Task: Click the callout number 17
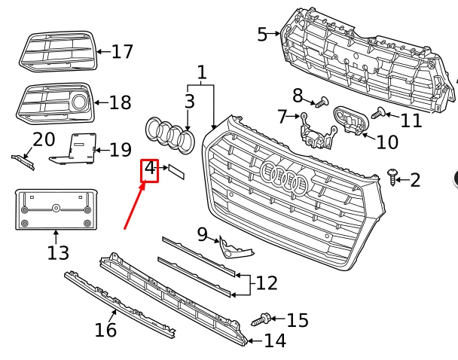pyautogui.click(x=122, y=52)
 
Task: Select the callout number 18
pyautogui.click(x=120, y=102)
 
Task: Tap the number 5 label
pyautogui.click(x=262, y=34)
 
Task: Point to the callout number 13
pyautogui.click(x=58, y=252)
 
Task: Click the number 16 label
pyautogui.click(x=105, y=329)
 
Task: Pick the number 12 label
pyautogui.click(x=267, y=283)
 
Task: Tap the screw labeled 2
pyautogui.click(x=392, y=177)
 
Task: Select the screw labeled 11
pyautogui.click(x=379, y=114)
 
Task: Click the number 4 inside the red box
pyautogui.click(x=150, y=168)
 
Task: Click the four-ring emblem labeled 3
pyautogui.click(x=169, y=136)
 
